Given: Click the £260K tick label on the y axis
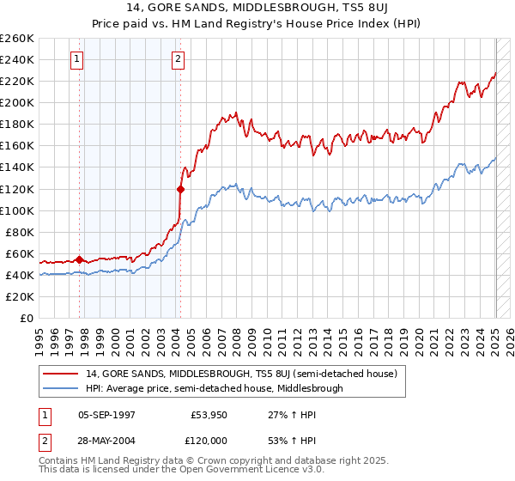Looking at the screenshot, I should (x=17, y=39).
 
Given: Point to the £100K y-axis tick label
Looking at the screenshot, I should (x=17, y=210).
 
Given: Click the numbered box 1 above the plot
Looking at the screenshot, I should (x=77, y=59).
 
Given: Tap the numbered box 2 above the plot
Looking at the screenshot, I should (x=177, y=59).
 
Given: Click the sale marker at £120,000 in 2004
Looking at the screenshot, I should (x=181, y=189).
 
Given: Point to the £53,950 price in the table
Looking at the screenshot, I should (x=209, y=413).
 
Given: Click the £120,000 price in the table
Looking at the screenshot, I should (x=208, y=438).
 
